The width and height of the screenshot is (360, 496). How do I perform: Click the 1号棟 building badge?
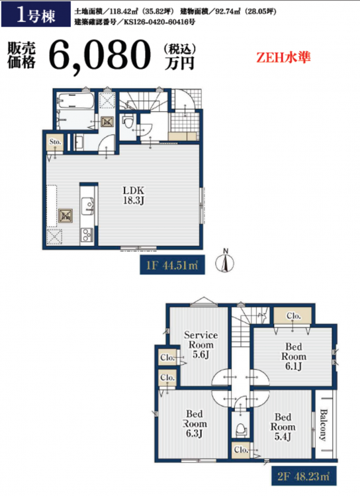[x=36, y=14]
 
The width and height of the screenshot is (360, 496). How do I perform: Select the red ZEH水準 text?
[x=283, y=58]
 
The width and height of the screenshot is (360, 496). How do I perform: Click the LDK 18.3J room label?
[x=134, y=195]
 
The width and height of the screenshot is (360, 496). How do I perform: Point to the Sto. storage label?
[x=55, y=142]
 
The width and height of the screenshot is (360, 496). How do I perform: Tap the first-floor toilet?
[x=128, y=121]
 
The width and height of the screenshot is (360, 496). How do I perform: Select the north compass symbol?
[x=225, y=262]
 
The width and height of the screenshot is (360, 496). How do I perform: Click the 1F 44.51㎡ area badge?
[x=172, y=265]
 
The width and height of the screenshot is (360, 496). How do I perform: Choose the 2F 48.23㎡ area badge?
[x=304, y=476]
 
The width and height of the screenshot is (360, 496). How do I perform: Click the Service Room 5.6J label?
[x=201, y=345]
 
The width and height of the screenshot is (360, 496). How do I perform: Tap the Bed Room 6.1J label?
[x=294, y=356]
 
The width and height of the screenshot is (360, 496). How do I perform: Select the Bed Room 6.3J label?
[x=195, y=423]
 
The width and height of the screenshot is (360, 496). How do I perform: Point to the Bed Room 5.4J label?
[x=283, y=427]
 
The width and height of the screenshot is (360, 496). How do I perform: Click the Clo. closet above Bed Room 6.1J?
[x=294, y=315]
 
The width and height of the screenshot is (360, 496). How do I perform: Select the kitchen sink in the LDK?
[x=87, y=206]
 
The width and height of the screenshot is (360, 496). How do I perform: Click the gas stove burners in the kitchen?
[x=87, y=235]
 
